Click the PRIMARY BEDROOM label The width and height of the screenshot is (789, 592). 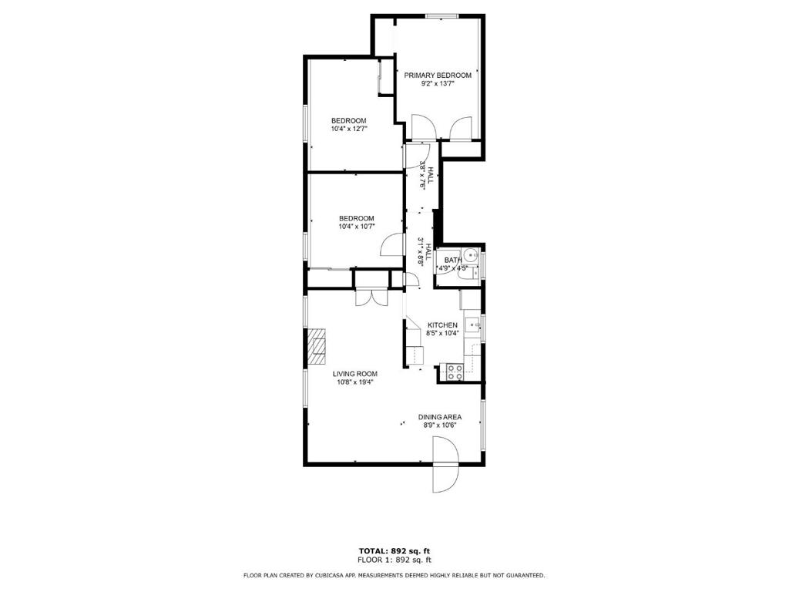(438, 75)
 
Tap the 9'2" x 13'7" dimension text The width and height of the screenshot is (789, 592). (438, 84)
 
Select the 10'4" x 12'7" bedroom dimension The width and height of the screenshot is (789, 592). (349, 129)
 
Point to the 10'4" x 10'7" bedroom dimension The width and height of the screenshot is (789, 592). (356, 227)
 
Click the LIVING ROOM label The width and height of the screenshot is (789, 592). (354, 374)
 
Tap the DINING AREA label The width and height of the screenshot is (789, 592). (441, 417)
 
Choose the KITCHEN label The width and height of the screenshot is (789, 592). (443, 325)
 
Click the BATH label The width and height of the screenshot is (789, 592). (452, 260)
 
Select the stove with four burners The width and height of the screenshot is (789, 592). (454, 372)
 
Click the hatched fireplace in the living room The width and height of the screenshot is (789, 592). (317, 348)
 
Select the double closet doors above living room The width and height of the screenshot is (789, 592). (369, 297)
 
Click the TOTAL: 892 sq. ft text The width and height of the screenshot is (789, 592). (394, 550)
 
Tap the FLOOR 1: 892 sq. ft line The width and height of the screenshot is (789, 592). (394, 560)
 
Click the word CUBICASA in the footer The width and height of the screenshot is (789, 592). (334, 575)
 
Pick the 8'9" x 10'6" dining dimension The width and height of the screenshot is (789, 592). (441, 425)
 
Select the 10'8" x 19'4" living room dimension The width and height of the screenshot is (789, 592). (354, 382)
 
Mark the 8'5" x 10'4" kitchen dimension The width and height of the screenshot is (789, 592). (443, 334)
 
